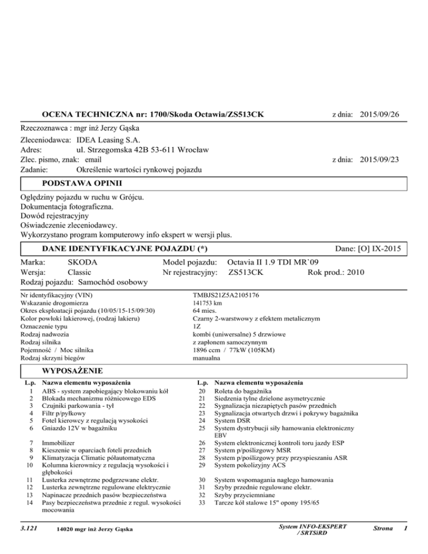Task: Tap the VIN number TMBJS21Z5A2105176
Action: [x=225, y=294]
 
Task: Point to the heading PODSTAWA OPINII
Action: [x=82, y=183]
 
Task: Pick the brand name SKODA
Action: [x=82, y=262]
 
